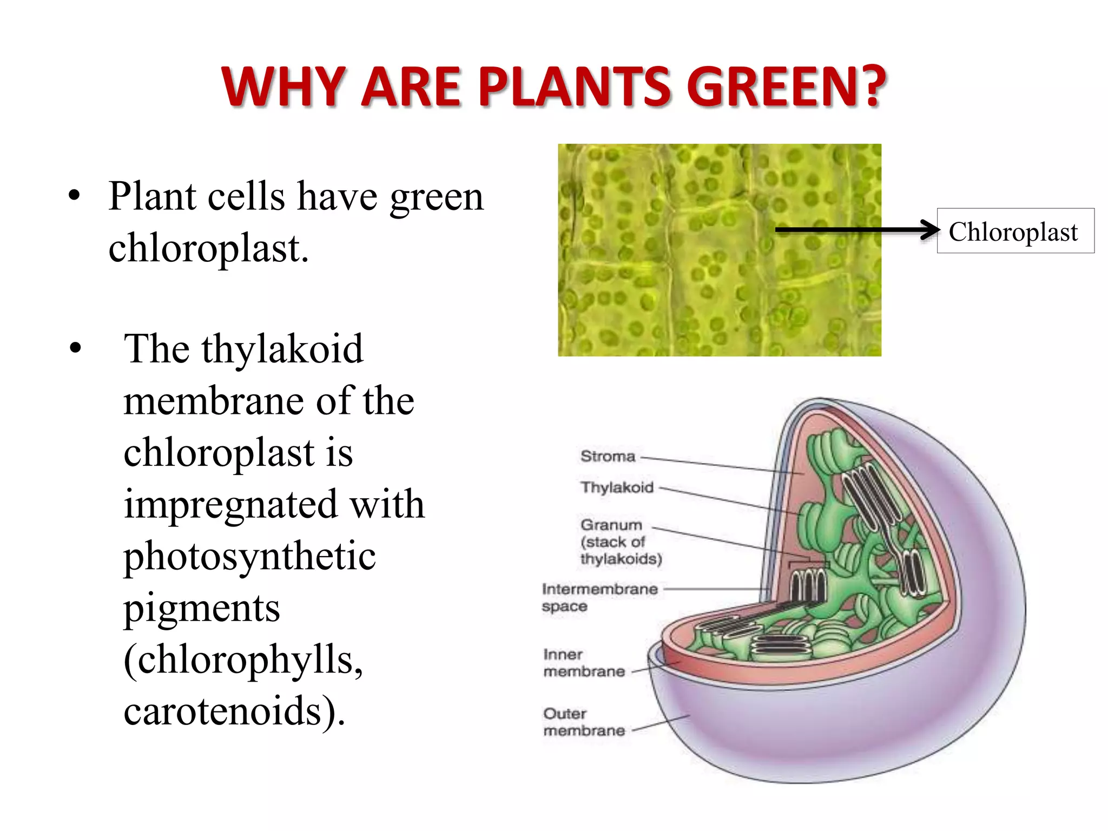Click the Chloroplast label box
click(1015, 231)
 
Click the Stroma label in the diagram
click(608, 456)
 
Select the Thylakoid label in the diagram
click(617, 487)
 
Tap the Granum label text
click(611, 525)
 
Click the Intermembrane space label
click(599, 597)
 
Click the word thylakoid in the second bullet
click(282, 349)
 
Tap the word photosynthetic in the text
click(249, 556)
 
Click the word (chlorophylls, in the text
click(243, 659)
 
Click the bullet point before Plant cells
click(75, 196)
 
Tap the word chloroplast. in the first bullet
click(208, 248)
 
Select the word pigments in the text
click(202, 608)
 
